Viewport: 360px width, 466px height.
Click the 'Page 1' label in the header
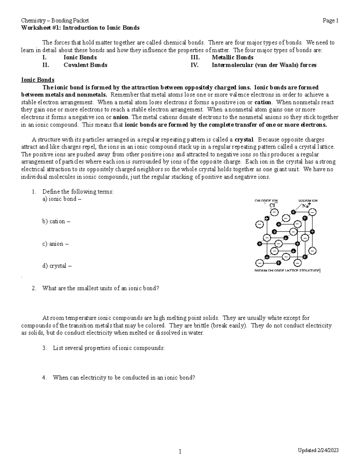coord(330,21)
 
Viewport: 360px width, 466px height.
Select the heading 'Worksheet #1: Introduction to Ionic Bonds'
coord(80,28)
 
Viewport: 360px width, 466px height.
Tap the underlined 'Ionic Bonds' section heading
coord(37,80)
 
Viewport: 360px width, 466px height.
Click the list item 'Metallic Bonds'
coord(232,57)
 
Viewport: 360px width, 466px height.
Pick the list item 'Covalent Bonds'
coord(85,65)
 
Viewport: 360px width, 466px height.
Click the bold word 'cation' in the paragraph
coord(262,102)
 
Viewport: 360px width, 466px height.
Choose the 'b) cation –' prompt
coord(56,221)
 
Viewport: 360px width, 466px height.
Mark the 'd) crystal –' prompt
coord(57,266)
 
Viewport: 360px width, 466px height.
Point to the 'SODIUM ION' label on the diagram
coord(307,200)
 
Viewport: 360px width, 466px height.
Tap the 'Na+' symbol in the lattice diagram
coord(306,206)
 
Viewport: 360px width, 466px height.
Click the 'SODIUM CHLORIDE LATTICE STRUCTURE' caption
coord(287,271)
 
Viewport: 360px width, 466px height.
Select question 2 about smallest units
coord(100,288)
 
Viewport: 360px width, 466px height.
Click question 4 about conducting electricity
coord(124,378)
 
